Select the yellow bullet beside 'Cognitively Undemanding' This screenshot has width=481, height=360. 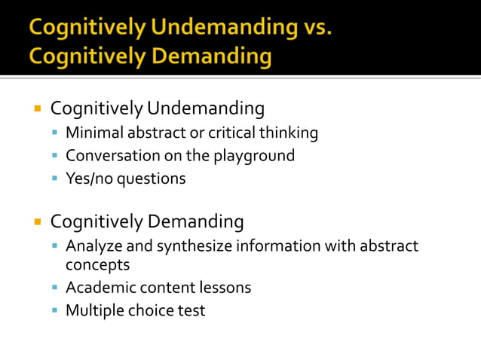tap(36, 109)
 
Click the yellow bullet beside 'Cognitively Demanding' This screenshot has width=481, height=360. tap(36, 222)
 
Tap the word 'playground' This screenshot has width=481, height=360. tap(256, 157)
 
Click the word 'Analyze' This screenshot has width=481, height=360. tap(93, 246)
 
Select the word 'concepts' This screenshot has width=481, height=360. tap(97, 265)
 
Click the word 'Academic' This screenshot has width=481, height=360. tap(98, 287)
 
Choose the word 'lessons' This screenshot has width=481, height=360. tap(224, 287)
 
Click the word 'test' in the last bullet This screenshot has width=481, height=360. tap(191, 310)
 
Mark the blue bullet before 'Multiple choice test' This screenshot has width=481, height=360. tap(55, 310)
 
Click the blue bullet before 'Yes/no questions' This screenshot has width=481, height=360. tap(55, 178)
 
